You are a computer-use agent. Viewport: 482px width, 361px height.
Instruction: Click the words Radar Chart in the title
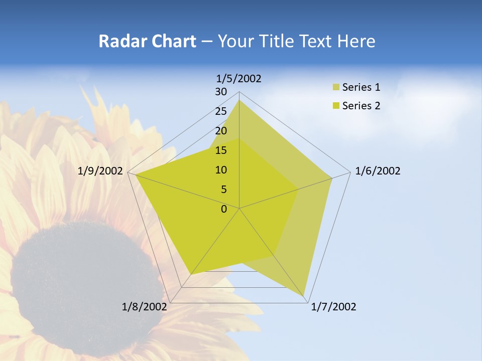(x=147, y=41)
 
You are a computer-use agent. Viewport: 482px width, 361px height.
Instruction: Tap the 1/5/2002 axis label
(x=238, y=78)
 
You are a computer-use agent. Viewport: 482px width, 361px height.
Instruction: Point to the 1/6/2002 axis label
(x=378, y=171)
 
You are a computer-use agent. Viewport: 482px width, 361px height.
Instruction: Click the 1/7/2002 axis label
(x=333, y=307)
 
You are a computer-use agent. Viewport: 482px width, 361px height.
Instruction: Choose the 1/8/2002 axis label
(x=145, y=307)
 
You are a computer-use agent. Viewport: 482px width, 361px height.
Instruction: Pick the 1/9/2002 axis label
(x=100, y=171)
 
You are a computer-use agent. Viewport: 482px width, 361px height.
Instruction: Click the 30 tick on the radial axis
(x=220, y=92)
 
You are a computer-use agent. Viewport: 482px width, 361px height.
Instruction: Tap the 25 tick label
(x=220, y=111)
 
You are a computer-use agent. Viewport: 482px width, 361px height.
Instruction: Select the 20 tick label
(x=220, y=131)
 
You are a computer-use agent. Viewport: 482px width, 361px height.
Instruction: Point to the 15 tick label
(x=220, y=150)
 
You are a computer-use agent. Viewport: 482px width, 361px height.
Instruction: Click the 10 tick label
(x=220, y=170)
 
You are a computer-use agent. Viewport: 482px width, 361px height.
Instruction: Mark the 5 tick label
(x=223, y=190)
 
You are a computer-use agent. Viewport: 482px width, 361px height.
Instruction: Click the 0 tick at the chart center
(x=224, y=209)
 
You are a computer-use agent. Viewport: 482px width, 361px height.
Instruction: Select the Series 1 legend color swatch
(x=336, y=88)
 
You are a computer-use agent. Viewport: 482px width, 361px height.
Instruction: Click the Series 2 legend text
(x=361, y=106)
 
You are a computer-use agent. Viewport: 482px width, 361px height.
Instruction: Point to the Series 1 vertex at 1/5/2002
(x=239, y=100)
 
